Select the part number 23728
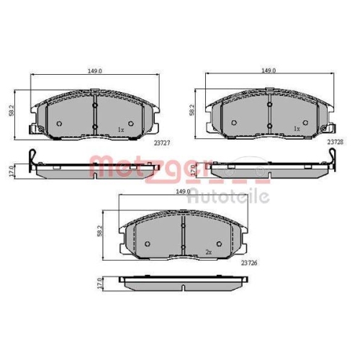pos(335,142)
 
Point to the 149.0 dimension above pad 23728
pos(269,71)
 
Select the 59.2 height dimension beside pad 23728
pos(192,111)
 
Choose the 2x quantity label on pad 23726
pos(208,251)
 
